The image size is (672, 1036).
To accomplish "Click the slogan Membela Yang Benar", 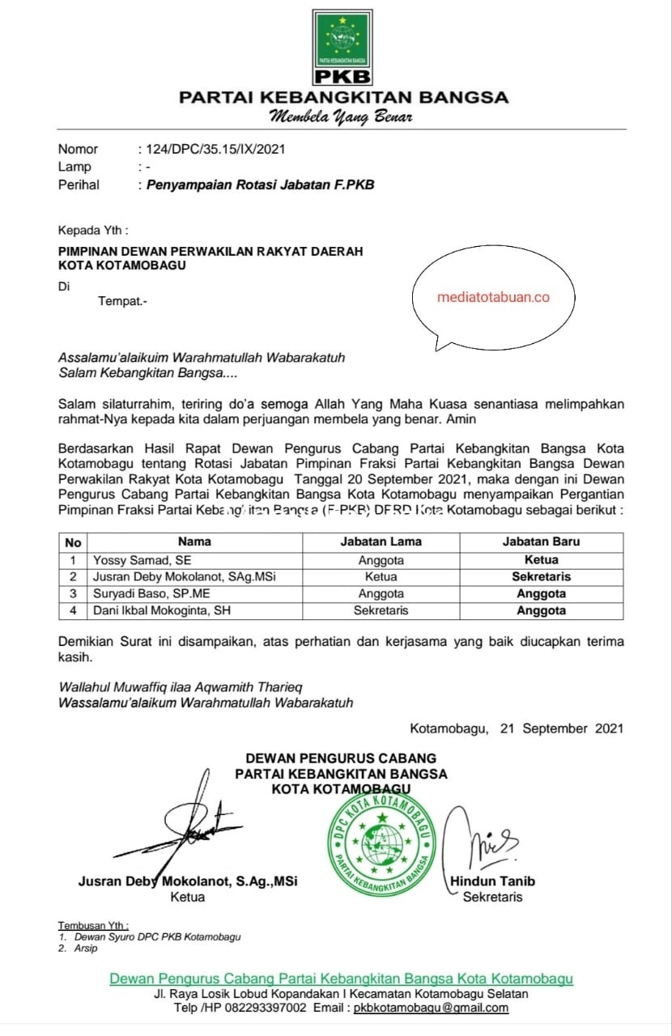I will tap(341, 117).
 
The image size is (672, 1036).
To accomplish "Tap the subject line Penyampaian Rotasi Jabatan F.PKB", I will tap(260, 185).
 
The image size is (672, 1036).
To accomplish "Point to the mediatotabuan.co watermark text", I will tap(493, 297).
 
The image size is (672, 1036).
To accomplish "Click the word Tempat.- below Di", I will tap(123, 302).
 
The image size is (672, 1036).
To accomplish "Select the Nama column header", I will tap(194, 541).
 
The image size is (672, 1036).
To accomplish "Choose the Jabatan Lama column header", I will tap(381, 541).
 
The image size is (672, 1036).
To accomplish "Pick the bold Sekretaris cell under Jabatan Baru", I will tap(541, 577).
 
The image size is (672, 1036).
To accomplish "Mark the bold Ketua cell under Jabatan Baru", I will tap(541, 559).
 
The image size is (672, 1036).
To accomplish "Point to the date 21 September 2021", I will tap(562, 728).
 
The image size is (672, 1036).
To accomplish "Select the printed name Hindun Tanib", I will tap(492, 881).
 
